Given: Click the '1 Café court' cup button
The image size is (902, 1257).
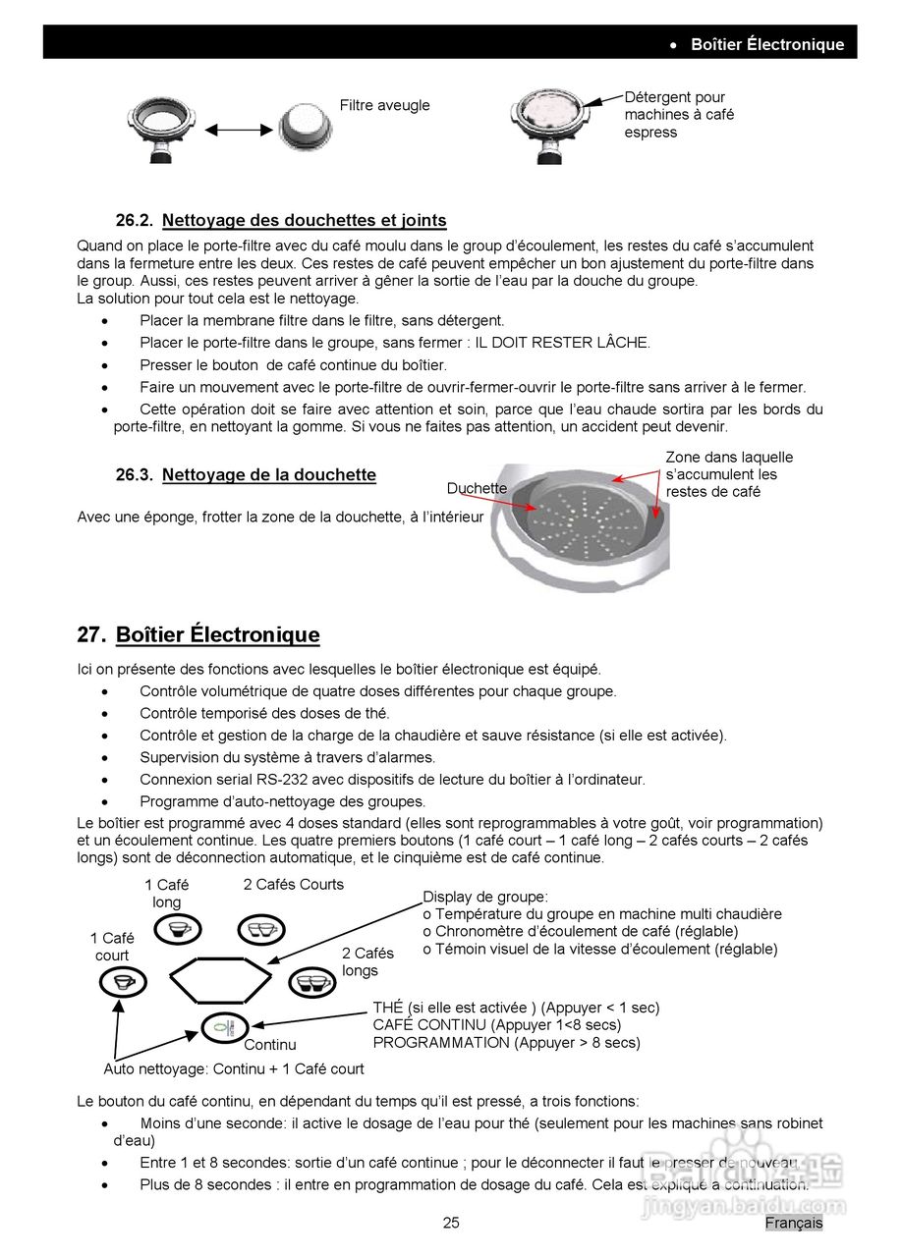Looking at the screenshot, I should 123,981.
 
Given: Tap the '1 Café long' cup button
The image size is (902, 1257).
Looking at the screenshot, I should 177,929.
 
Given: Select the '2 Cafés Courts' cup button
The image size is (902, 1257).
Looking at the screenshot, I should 260,929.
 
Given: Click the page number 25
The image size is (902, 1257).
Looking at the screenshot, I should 451,1223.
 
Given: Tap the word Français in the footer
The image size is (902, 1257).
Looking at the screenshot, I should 794,1223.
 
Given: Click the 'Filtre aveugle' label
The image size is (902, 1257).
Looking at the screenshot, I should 384,106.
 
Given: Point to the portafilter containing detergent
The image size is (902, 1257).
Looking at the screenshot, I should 549,123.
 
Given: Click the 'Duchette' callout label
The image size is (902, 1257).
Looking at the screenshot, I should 477,488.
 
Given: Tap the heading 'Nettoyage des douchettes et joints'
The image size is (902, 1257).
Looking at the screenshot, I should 304,221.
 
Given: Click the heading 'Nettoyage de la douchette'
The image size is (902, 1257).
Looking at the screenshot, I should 268,475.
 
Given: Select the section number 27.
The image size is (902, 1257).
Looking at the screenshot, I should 89,635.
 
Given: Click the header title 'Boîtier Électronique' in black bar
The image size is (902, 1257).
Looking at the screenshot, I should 766,44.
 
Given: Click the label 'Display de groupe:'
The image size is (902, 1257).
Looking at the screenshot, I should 485,897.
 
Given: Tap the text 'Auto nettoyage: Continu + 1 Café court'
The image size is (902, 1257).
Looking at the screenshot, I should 234,1068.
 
